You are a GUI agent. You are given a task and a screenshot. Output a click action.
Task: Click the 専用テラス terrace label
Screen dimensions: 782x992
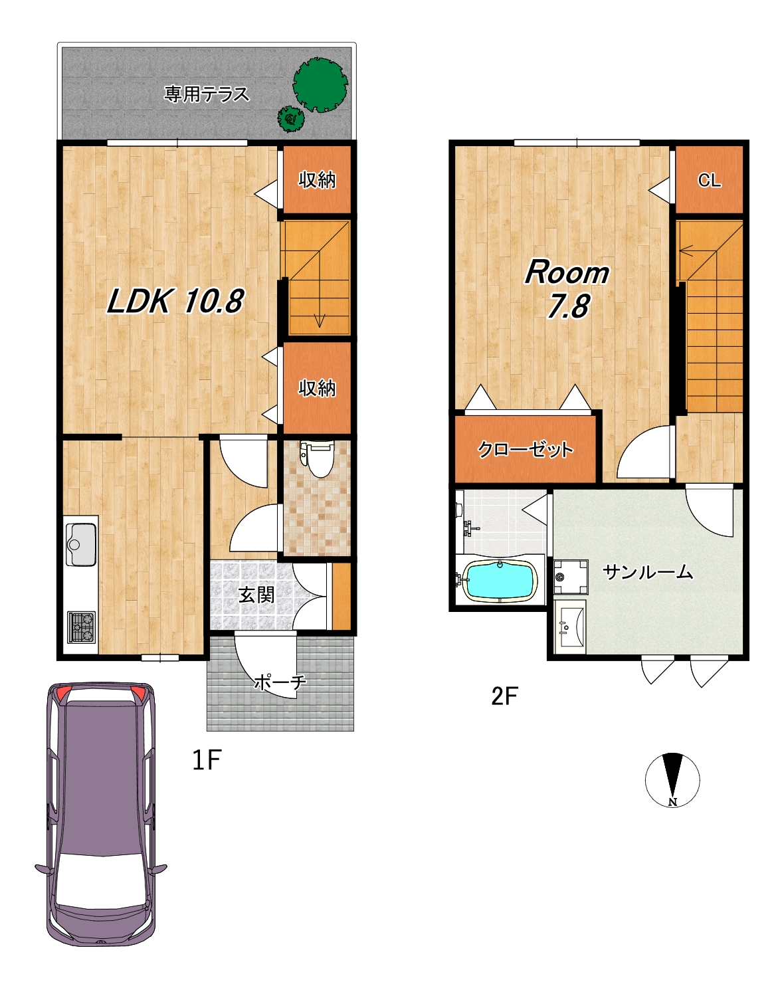coord(207,94)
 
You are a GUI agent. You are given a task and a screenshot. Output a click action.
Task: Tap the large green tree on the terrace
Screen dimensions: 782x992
coord(320,85)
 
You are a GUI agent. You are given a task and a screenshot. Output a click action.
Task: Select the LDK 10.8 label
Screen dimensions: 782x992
coord(175,301)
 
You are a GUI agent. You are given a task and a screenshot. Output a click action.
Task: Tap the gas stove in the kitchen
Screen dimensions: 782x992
coord(82,627)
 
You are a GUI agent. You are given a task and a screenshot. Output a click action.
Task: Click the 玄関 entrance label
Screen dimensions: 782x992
coord(256,595)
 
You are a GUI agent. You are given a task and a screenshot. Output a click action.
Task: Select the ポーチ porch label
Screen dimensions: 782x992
coord(280,682)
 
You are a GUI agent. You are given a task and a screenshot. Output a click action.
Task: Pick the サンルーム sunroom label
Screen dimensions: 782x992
coord(648,572)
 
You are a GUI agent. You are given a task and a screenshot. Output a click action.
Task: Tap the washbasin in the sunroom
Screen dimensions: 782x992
coord(570,627)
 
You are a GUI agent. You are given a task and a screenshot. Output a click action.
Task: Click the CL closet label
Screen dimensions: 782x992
coord(709,180)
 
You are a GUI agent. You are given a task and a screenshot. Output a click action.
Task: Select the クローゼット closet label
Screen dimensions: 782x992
coord(525,449)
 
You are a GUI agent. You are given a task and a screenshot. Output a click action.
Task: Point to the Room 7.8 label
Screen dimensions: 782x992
coord(567,289)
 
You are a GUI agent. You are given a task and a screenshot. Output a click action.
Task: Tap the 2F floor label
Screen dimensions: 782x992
coord(504,696)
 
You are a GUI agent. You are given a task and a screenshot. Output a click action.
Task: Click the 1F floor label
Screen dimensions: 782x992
coord(207,760)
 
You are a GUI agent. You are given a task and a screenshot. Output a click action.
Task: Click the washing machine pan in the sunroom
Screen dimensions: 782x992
coord(571,577)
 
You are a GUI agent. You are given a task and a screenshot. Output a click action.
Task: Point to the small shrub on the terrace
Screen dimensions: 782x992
coord(291,119)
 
